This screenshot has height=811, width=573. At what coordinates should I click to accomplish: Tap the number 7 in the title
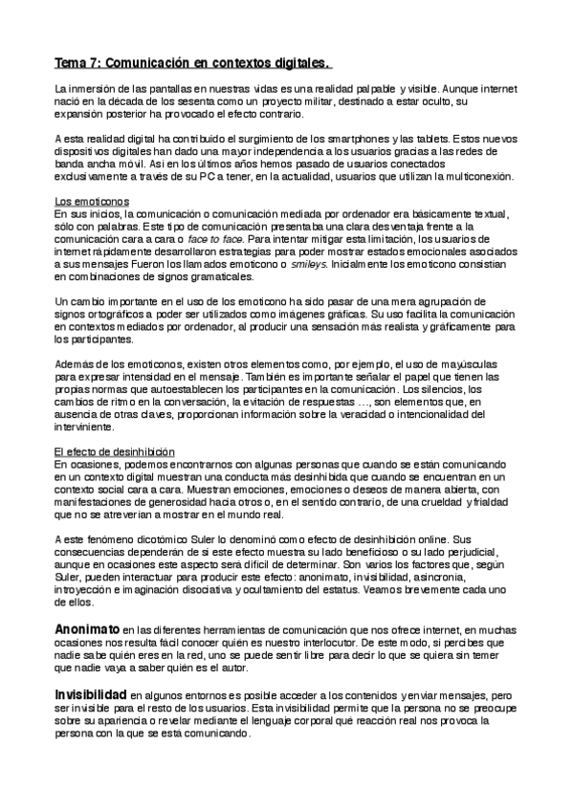click(x=96, y=64)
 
